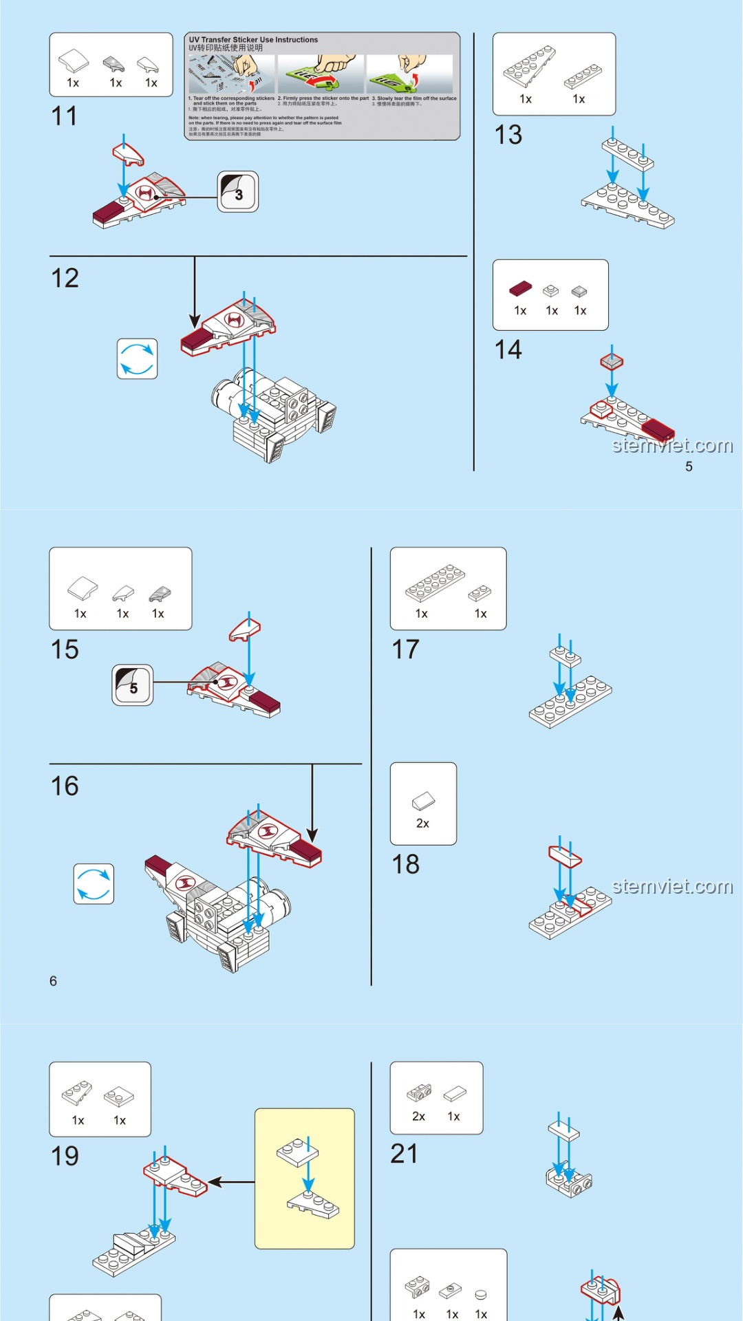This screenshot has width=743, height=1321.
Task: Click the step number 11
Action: pos(64,116)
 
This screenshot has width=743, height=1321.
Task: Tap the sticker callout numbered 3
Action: pos(238,192)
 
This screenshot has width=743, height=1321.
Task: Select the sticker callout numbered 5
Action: pos(133,685)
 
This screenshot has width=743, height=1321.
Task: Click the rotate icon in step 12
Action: pos(137,358)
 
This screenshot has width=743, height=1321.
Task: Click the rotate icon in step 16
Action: pos(94,884)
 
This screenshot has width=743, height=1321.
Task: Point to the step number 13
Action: pos(508,135)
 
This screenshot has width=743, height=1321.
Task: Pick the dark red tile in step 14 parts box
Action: pos(521,289)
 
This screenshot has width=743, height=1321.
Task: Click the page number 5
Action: pos(689,466)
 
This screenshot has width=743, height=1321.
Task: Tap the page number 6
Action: pos(53,981)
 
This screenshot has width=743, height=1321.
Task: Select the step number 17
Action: pos(405,649)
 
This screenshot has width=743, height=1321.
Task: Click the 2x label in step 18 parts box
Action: pos(422,824)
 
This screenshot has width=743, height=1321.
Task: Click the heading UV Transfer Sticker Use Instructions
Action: pos(253,40)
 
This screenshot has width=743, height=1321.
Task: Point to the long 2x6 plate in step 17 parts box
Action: pos(435,583)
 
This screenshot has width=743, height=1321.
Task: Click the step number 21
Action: pos(405,1154)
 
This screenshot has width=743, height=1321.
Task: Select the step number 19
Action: pos(65,1157)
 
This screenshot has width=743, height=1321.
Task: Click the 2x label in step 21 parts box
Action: pos(418,1117)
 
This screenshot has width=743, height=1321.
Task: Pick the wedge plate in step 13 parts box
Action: pos(528,67)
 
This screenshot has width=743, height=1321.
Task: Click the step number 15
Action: pos(65,649)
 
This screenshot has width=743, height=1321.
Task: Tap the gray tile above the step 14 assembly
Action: pos(612,361)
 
